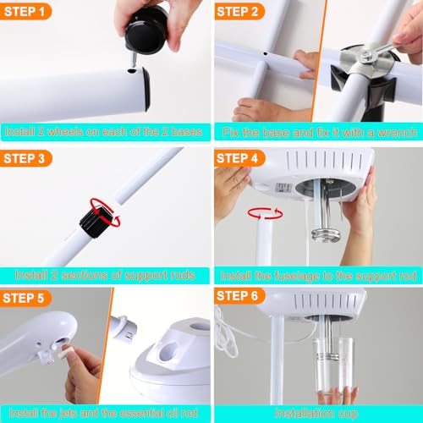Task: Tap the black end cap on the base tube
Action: (145, 88)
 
